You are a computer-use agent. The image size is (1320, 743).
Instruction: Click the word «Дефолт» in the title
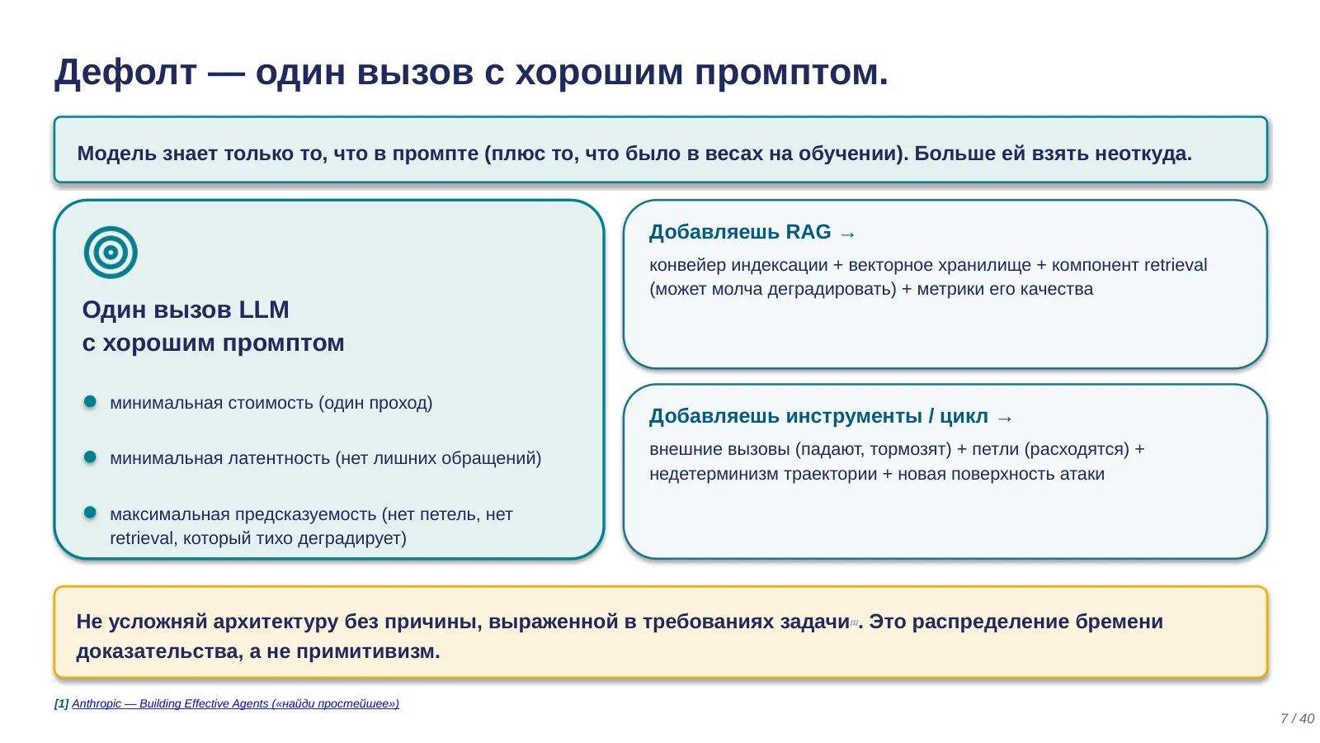coord(125,73)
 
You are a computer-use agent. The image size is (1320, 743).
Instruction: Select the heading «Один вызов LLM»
coord(186,310)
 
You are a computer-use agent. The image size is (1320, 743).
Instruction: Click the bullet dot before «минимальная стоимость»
coord(90,401)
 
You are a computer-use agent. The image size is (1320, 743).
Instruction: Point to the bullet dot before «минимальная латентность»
coord(90,457)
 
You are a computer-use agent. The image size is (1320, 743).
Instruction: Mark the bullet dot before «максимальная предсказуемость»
coord(90,513)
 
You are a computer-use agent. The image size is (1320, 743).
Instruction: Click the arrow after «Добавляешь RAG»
coord(847,234)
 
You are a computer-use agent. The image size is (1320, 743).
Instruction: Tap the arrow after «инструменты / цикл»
coord(1005,419)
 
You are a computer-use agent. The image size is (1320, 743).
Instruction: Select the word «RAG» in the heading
coord(808,232)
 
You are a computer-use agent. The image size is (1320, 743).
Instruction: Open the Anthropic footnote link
coord(236,703)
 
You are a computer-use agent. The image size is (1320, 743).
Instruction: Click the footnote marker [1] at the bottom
coord(61,703)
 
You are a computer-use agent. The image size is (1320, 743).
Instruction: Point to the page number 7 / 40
coord(1298,719)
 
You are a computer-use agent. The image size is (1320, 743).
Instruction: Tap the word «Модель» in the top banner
coord(116,154)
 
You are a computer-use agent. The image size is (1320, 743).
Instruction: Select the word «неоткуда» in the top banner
coord(1143,154)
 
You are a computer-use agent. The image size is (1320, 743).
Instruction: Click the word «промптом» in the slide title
coord(791,73)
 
